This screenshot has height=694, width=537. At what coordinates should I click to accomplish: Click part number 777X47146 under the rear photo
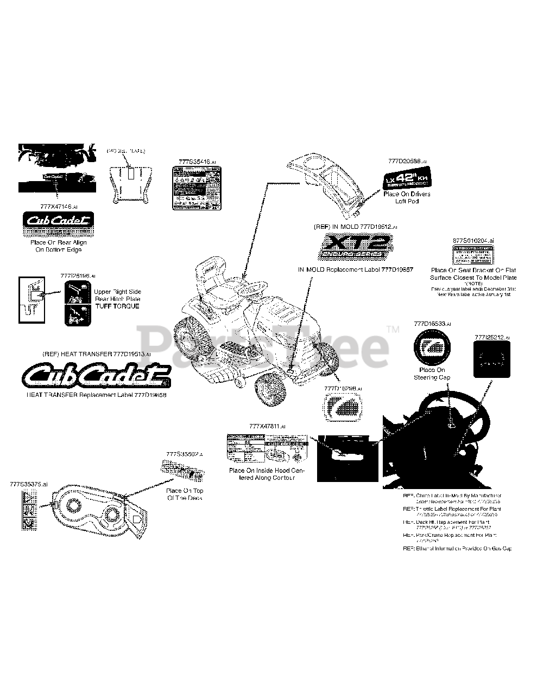(59, 207)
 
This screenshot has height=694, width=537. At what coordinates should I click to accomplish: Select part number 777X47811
(266, 426)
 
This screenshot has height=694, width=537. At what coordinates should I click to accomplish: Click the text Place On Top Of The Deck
(185, 494)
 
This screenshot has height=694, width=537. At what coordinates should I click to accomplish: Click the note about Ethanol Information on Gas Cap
(457, 549)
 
